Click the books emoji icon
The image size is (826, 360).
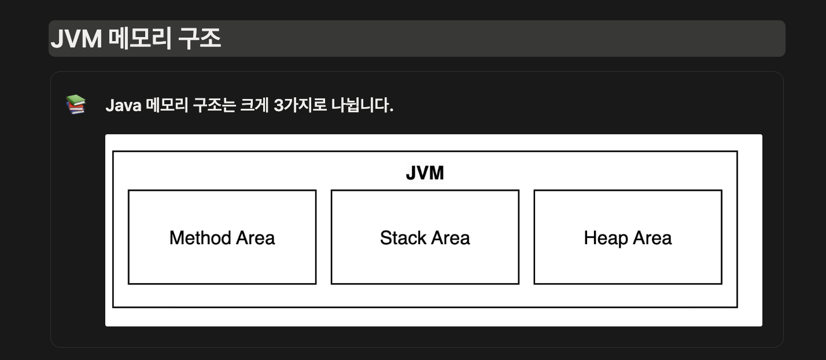coord(76,105)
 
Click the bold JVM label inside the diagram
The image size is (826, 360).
coord(425,173)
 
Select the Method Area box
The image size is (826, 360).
coord(222,260)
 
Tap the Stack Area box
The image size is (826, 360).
coord(425,260)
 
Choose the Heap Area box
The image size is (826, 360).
coord(628,260)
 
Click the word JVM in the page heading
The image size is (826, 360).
coord(76,39)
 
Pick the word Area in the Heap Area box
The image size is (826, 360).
coord(652,238)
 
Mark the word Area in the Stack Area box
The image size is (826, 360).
coord(450,238)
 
